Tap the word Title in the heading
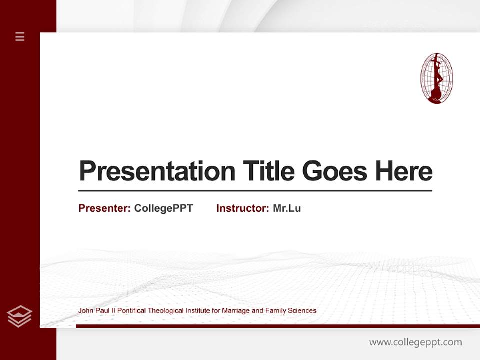(x=268, y=171)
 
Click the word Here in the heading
(x=404, y=171)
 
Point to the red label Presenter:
(x=104, y=208)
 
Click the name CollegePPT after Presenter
(x=163, y=208)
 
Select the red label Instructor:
(x=242, y=208)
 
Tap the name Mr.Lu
(x=287, y=208)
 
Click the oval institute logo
(x=436, y=78)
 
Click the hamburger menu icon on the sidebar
(x=20, y=36)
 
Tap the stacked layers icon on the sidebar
(x=19, y=316)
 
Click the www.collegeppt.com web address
(x=415, y=342)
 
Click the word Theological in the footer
(x=166, y=311)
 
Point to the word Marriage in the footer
(x=236, y=311)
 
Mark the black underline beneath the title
(x=255, y=191)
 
